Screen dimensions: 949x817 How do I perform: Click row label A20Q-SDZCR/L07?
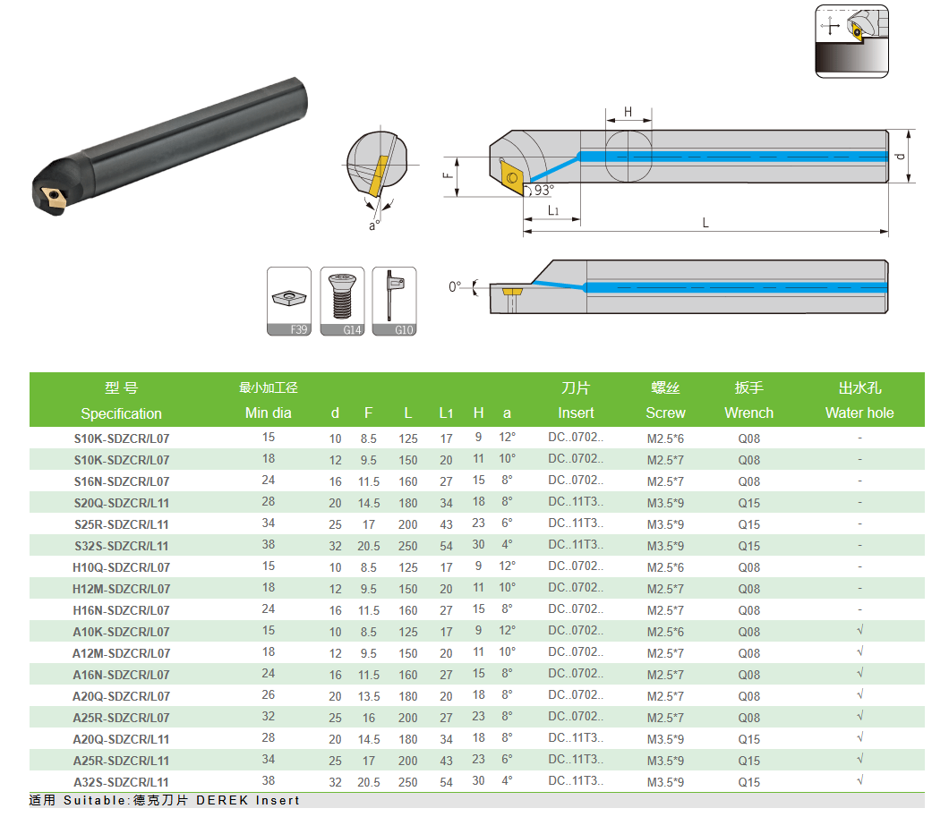coord(121,696)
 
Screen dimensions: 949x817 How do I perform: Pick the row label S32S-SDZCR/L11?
coord(121,546)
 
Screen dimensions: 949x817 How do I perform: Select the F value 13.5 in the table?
coord(369,697)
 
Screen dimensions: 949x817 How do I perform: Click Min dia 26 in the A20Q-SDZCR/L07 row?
coord(268,694)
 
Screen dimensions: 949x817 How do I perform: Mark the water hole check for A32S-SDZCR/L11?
coord(860,780)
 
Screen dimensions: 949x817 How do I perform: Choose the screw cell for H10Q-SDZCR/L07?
coord(665,568)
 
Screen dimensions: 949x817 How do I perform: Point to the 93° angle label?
coord(543,190)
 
